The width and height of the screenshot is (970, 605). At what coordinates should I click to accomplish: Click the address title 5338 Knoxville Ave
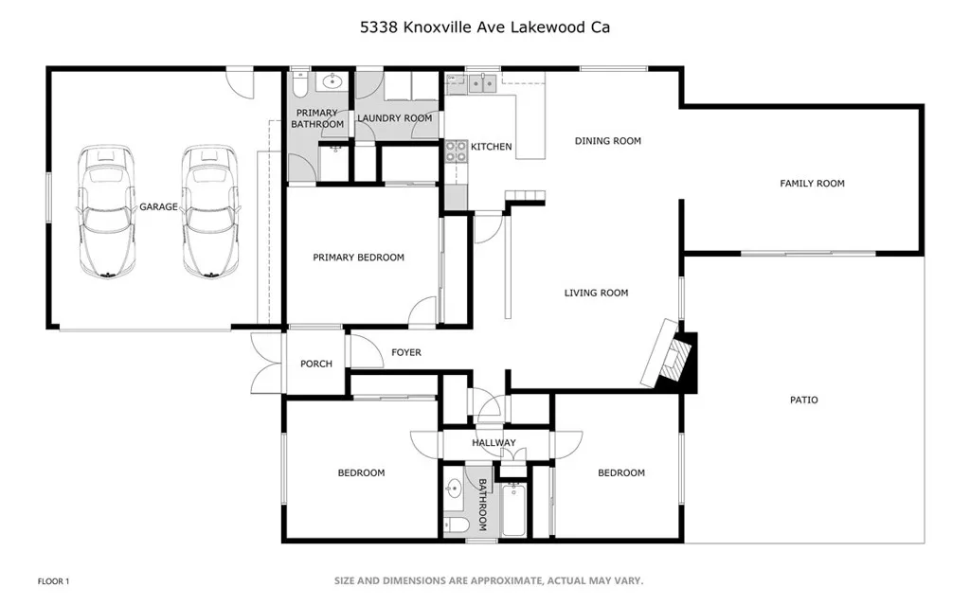[x=484, y=27]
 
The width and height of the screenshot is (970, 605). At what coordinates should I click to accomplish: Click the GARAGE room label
[x=158, y=206]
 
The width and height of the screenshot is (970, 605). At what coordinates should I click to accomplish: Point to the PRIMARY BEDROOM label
[x=358, y=258]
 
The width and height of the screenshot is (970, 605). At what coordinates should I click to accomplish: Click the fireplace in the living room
[x=674, y=358]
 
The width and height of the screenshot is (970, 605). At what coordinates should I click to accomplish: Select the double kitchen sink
[x=481, y=83]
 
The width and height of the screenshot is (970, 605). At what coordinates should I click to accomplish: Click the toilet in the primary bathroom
[x=299, y=86]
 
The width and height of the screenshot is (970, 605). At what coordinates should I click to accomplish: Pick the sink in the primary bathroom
[x=332, y=83]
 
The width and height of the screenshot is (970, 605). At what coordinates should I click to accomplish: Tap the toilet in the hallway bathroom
[x=456, y=524]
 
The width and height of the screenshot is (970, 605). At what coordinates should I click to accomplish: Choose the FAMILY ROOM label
[x=812, y=184]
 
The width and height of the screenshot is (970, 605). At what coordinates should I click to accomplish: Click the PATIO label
[x=803, y=400]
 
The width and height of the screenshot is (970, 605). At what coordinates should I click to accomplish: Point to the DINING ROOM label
[x=607, y=141]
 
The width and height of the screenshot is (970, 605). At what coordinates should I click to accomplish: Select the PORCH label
[x=316, y=364]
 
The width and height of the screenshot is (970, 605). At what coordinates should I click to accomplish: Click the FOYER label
[x=405, y=353]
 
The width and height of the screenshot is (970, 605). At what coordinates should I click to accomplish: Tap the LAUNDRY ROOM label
[x=394, y=118]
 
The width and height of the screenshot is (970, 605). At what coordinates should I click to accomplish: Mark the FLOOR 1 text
[x=53, y=580]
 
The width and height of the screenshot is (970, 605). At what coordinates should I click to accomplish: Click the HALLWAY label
[x=494, y=443]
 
